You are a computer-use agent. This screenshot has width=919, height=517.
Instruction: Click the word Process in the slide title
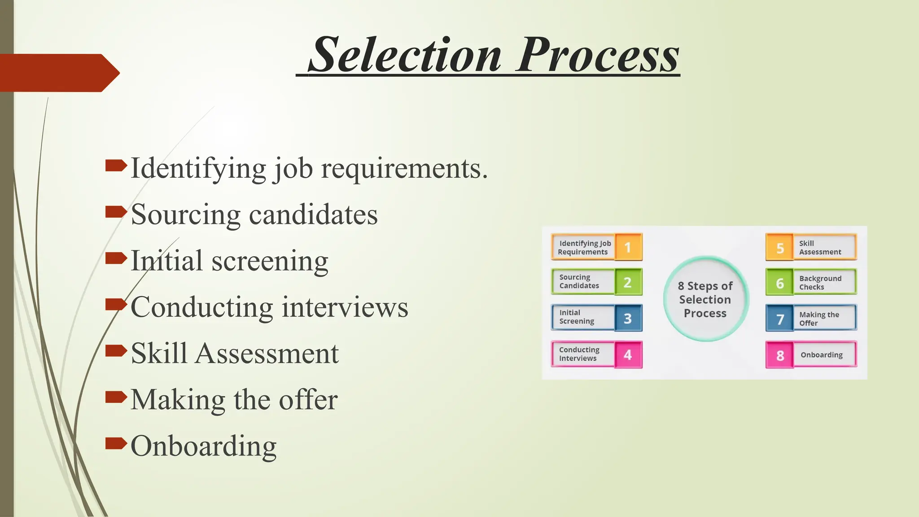pyautogui.click(x=598, y=55)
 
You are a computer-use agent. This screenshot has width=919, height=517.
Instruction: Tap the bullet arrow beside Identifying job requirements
pyautogui.click(x=116, y=166)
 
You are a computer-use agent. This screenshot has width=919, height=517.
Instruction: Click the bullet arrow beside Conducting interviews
pyautogui.click(x=116, y=305)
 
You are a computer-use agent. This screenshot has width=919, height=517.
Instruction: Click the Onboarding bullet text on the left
pyautogui.click(x=203, y=446)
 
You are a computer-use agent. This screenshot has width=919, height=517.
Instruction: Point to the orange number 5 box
pyautogui.click(x=780, y=247)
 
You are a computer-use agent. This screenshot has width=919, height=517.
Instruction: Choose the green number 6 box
pyautogui.click(x=780, y=283)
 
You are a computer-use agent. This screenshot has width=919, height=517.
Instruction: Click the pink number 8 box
pyautogui.click(x=780, y=355)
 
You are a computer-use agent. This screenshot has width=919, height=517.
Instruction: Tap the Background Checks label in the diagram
pyautogui.click(x=820, y=283)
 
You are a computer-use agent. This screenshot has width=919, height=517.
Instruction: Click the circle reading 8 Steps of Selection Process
pyautogui.click(x=705, y=299)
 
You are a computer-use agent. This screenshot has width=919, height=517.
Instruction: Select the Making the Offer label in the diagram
pyautogui.click(x=819, y=319)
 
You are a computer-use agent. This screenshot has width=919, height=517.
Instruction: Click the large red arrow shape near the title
pyautogui.click(x=58, y=73)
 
